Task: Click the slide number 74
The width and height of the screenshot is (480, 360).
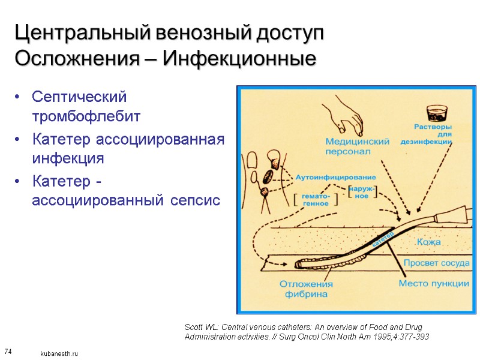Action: pyautogui.click(x=8, y=350)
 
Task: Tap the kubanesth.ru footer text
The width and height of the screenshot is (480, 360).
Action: pyautogui.click(x=59, y=354)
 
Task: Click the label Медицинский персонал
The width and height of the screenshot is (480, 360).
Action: pyautogui.click(x=357, y=146)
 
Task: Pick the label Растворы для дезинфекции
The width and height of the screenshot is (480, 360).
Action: pyautogui.click(x=433, y=134)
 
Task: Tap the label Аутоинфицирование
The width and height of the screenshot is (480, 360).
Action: pyautogui.click(x=335, y=177)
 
